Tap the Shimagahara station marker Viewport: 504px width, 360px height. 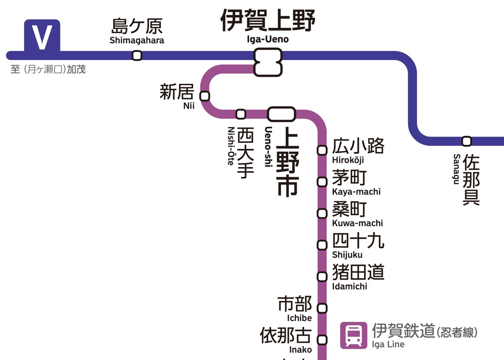(x=137, y=56)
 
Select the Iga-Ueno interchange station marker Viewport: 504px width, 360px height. (x=268, y=62)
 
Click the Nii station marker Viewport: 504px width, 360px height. (x=205, y=96)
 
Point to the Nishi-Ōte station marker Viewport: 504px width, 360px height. (x=241, y=114)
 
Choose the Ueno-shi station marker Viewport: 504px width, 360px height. (x=282, y=114)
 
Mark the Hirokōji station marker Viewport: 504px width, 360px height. (x=322, y=150)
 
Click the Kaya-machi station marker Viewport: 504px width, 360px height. (x=322, y=182)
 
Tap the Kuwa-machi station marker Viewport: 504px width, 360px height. (x=322, y=213)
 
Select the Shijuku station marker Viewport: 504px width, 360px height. (x=322, y=245)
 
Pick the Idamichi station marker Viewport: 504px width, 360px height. (x=322, y=276)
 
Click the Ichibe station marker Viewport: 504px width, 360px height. (x=322, y=308)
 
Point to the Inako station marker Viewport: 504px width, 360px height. (x=322, y=340)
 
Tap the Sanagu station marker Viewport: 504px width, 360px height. (x=467, y=141)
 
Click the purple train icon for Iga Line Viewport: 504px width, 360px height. (x=353, y=335)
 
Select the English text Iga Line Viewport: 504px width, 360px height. (x=388, y=344)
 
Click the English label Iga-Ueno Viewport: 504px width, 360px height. (x=268, y=39)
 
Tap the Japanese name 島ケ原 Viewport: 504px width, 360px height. (x=137, y=26)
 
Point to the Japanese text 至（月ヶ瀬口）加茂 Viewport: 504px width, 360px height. (x=48, y=69)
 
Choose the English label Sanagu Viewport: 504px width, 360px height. (x=457, y=169)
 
